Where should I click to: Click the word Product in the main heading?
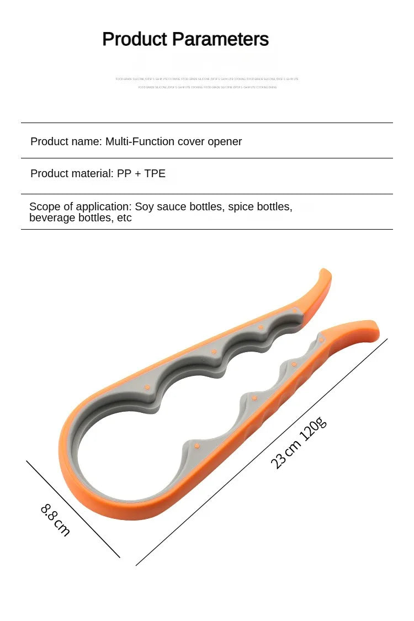pyautogui.click(x=135, y=39)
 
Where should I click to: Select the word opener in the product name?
pyautogui.click(x=225, y=141)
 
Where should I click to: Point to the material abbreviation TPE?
pyautogui.click(x=155, y=173)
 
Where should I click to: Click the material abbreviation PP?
pyautogui.click(x=124, y=173)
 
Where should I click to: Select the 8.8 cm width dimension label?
pyautogui.click(x=55, y=519)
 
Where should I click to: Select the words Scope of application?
pyautogui.click(x=79, y=207)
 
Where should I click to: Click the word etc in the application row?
pyautogui.click(x=125, y=218)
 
